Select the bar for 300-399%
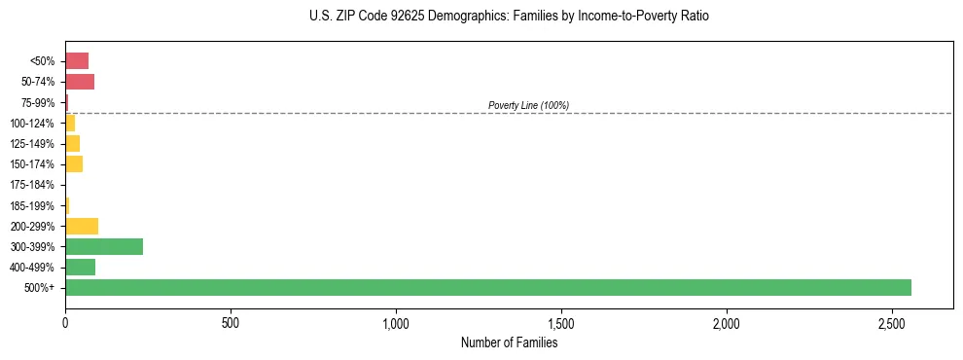pyautogui.click(x=104, y=246)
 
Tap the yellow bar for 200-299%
pyautogui.click(x=82, y=226)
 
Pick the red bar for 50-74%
pyautogui.click(x=80, y=82)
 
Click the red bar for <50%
pyautogui.click(x=77, y=61)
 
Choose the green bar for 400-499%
pyautogui.click(x=80, y=267)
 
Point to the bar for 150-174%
pyautogui.click(x=74, y=163)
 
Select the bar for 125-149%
pyautogui.click(x=72, y=143)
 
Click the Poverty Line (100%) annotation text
pyautogui.click(x=528, y=105)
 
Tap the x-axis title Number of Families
pyautogui.click(x=509, y=342)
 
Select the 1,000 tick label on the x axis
pyautogui.click(x=396, y=322)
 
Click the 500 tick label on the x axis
pyautogui.click(x=231, y=322)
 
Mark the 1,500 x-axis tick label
pyautogui.click(x=561, y=322)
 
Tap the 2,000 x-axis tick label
pyautogui.click(x=727, y=322)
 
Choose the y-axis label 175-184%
pyautogui.click(x=32, y=185)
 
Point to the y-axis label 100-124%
pyautogui.click(x=32, y=123)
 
